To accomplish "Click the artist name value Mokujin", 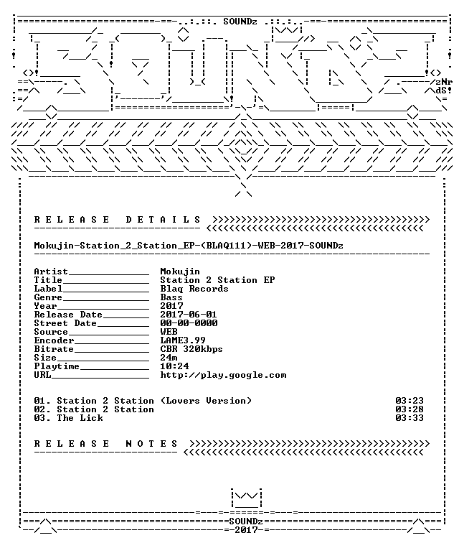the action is pyautogui.click(x=180, y=271).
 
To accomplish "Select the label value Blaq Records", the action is pyautogui.click(x=194, y=289).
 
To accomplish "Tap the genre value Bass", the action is pyautogui.click(x=171, y=297).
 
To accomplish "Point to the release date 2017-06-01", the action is pyautogui.click(x=189, y=315).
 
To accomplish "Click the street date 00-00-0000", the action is pyautogui.click(x=189, y=323).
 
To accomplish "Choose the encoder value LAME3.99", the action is pyautogui.click(x=183, y=340).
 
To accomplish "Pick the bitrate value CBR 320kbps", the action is pyautogui.click(x=191, y=349).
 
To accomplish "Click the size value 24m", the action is pyautogui.click(x=169, y=358).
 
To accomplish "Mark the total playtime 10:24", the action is pyautogui.click(x=174, y=366).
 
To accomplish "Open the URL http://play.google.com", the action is pyautogui.click(x=223, y=376).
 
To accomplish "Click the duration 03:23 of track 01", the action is pyautogui.click(x=410, y=401).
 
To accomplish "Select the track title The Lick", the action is pyautogui.click(x=80, y=418).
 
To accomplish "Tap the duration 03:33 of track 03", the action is pyautogui.click(x=410, y=418).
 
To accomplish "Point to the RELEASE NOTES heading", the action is pyautogui.click(x=106, y=444).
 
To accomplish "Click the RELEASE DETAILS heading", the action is pyautogui.click(x=117, y=220).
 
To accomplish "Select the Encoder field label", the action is pyautogui.click(x=54, y=340).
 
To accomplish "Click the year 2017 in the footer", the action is pyautogui.click(x=246, y=530).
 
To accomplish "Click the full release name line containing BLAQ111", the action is pyautogui.click(x=189, y=246).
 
